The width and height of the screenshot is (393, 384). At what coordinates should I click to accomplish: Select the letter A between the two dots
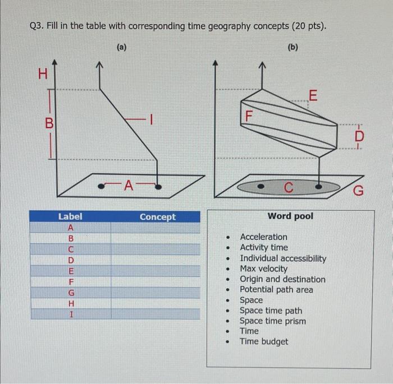pos(129,184)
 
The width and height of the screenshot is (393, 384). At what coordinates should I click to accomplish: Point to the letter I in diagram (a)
pos(150,119)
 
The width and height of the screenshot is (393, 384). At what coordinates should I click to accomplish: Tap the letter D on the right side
pos(359,136)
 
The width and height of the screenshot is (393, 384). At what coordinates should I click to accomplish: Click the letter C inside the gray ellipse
pos(287,187)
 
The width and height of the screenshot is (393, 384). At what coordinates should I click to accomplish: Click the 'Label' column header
pos(70,216)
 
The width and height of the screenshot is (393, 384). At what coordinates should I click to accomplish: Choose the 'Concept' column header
pos(157,217)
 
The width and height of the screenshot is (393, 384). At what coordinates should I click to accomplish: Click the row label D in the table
pos(71,260)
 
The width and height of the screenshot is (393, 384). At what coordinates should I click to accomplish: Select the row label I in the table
pos(71,314)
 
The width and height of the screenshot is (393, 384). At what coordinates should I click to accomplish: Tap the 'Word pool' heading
pos(290,216)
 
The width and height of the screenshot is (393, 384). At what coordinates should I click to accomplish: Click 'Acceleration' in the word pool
pos(263,237)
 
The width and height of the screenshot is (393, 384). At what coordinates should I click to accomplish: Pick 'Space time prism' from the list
pos(273,321)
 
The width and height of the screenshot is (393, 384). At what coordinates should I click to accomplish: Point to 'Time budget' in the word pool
pos(264,341)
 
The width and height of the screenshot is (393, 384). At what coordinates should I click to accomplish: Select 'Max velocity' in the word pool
pos(263,269)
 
